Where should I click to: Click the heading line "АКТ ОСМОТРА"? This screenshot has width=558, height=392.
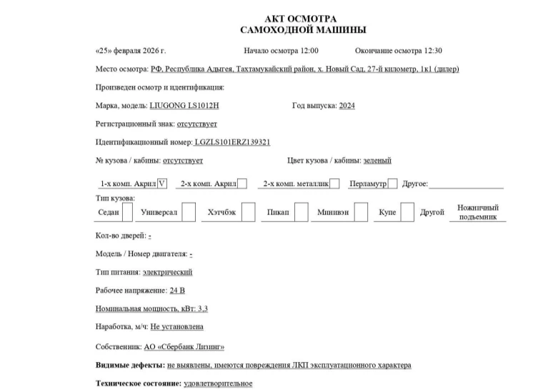[300, 19]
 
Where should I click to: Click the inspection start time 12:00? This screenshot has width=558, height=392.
[308, 52]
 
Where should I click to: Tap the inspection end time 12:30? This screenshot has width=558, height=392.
[433, 52]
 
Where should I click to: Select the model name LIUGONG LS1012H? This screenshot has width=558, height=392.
[184, 106]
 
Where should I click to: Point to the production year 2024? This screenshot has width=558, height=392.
[347, 106]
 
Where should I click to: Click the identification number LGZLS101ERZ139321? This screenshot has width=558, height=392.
[232, 142]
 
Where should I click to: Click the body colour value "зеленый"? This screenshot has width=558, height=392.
[377, 161]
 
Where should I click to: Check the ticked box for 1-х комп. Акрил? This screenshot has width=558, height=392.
[161, 184]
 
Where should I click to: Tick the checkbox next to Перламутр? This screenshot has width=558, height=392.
[392, 184]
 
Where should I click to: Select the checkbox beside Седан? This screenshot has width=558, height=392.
[127, 212]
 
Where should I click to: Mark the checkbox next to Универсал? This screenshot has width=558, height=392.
[189, 212]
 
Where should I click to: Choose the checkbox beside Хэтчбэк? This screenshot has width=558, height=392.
[248, 212]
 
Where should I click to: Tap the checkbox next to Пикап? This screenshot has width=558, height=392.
[302, 212]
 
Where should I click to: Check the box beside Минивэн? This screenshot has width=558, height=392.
[362, 212]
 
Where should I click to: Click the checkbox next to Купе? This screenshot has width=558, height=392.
[407, 212]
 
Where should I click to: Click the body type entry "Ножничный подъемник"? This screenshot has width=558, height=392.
[478, 212]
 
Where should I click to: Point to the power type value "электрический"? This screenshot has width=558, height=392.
[167, 273]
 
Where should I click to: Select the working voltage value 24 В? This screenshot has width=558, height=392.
[176, 291]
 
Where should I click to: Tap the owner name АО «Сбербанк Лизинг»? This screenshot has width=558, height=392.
[184, 347]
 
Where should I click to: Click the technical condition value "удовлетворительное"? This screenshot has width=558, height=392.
[218, 384]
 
